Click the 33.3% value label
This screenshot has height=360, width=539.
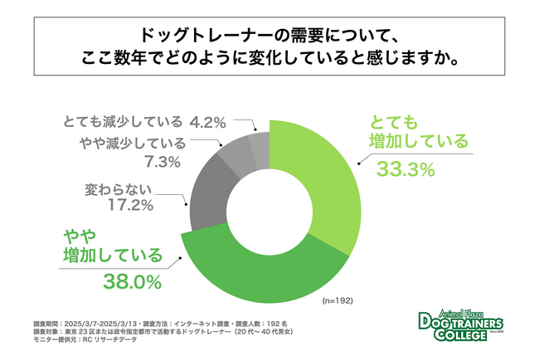coord(406,169)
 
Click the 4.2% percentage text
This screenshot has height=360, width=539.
coord(207,123)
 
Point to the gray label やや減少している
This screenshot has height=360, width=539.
coord(133,144)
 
